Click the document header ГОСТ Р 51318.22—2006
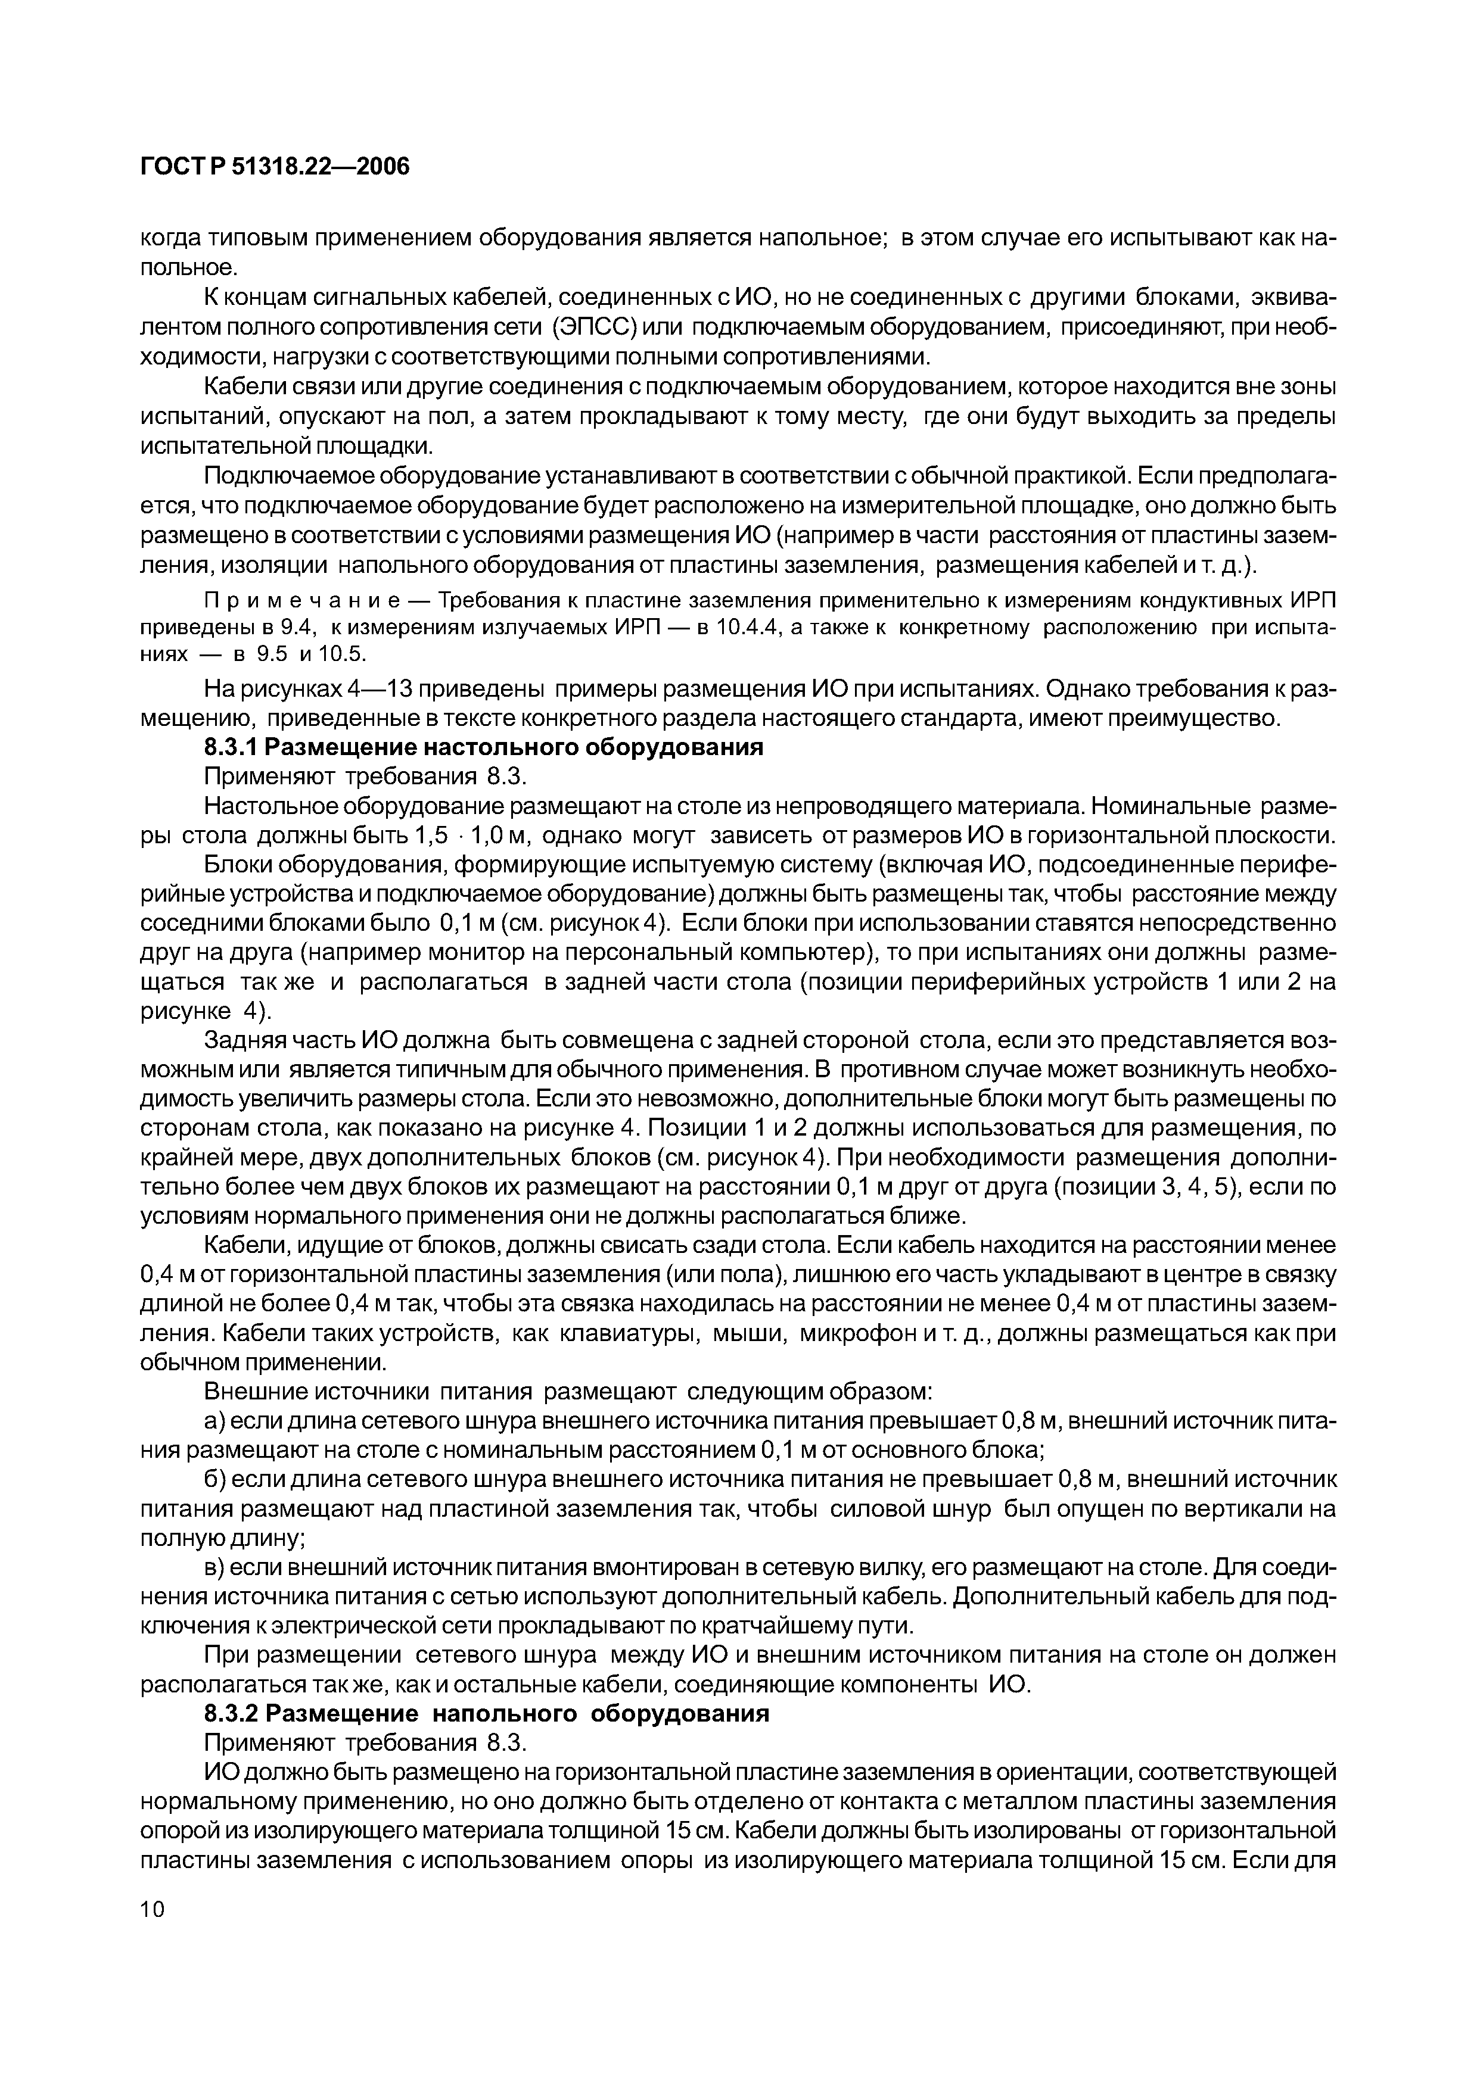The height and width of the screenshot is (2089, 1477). pos(275,167)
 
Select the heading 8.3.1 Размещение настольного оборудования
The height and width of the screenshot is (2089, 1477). pos(483,748)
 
